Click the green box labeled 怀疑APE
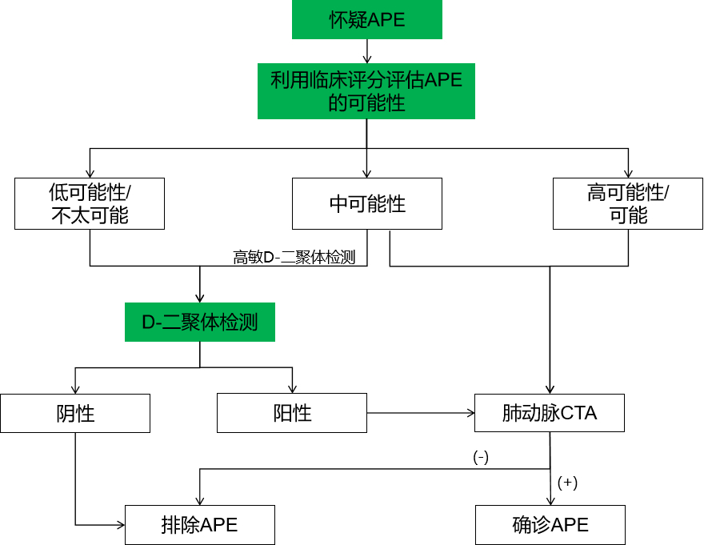367,20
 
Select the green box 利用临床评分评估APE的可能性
366,91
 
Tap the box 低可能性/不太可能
90,203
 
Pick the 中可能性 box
367,203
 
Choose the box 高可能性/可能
628,203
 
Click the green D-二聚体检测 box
200,323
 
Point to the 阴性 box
75,413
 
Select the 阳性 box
292,413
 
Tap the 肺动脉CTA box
550,413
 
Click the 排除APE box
200,525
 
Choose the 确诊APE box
550,525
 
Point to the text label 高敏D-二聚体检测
294,258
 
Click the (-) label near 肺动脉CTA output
480,457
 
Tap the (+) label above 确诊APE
567,483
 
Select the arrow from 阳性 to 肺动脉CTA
420,413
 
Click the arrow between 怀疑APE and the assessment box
367,51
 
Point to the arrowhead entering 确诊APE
550,499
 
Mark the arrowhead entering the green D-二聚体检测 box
200,297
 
